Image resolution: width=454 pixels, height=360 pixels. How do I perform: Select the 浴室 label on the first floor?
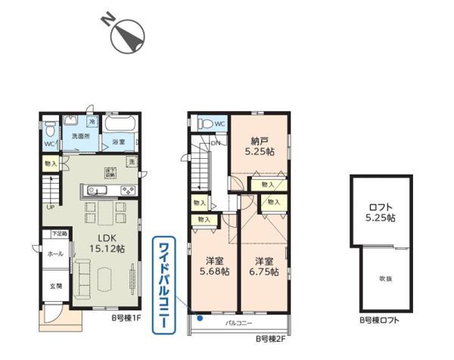point(120,141)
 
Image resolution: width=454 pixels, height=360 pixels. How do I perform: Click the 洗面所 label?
point(79,136)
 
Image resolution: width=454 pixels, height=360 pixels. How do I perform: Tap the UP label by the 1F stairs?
point(50,206)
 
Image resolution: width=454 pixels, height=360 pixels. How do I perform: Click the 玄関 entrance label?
point(55,286)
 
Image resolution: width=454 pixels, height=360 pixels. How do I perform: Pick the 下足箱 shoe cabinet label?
point(59,234)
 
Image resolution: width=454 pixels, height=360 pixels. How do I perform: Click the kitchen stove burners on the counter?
point(125,189)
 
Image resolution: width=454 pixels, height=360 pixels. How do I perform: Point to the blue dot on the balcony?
point(199,318)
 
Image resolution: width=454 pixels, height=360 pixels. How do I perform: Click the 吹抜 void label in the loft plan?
point(386,279)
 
